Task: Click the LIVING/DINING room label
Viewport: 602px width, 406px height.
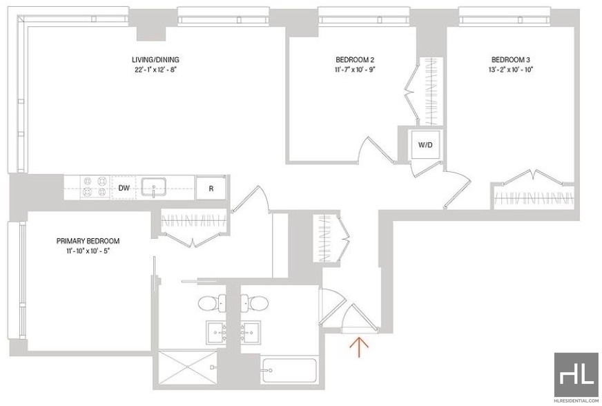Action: [155, 59]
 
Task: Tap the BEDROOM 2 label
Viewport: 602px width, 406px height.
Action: [355, 59]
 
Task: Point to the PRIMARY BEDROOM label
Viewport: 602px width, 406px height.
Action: [88, 241]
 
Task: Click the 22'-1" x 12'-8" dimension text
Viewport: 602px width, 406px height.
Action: [155, 70]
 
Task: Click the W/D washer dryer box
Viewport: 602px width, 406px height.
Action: [425, 145]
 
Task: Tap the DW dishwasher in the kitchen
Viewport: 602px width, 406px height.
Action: [124, 188]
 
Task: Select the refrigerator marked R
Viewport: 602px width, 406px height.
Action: [211, 188]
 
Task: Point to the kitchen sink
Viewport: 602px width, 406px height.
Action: [154, 187]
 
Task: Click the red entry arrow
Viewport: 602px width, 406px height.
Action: [359, 347]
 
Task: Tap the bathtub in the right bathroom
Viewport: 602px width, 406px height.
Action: [289, 370]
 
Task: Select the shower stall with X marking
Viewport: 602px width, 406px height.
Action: [188, 367]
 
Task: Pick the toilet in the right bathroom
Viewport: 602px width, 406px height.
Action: [255, 304]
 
